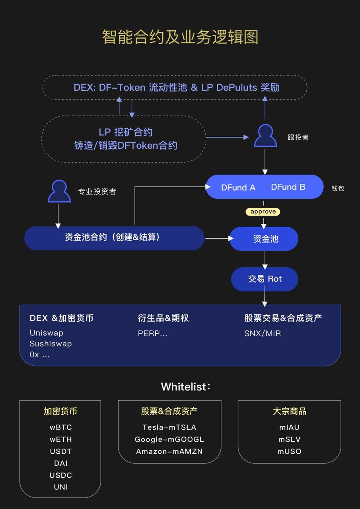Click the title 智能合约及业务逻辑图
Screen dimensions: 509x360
[x=180, y=37]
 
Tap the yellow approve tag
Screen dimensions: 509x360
[x=263, y=212]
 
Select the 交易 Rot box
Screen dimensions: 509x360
[x=265, y=279]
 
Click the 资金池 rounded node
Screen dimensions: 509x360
[x=264, y=239]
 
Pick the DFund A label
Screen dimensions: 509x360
[x=238, y=187]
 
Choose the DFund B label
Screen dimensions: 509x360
[x=288, y=187]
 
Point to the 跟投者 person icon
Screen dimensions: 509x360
[x=265, y=136]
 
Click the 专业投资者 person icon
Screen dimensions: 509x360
[x=59, y=192]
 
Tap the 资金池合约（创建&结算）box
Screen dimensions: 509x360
[x=114, y=238]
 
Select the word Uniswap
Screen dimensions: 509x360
[x=47, y=333]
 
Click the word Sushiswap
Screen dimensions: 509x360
[x=51, y=344]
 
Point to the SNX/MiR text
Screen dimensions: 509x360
[x=263, y=333]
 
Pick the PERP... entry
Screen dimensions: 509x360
[x=153, y=333]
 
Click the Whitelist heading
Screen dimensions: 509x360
[x=185, y=387]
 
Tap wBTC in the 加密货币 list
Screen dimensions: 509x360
[x=61, y=427]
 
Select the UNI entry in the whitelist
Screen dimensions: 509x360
[x=61, y=487]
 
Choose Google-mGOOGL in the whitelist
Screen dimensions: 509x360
[x=169, y=439]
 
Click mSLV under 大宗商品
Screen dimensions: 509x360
[x=289, y=439]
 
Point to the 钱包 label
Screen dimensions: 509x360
[x=338, y=188]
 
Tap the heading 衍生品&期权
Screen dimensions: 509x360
[x=163, y=318]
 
